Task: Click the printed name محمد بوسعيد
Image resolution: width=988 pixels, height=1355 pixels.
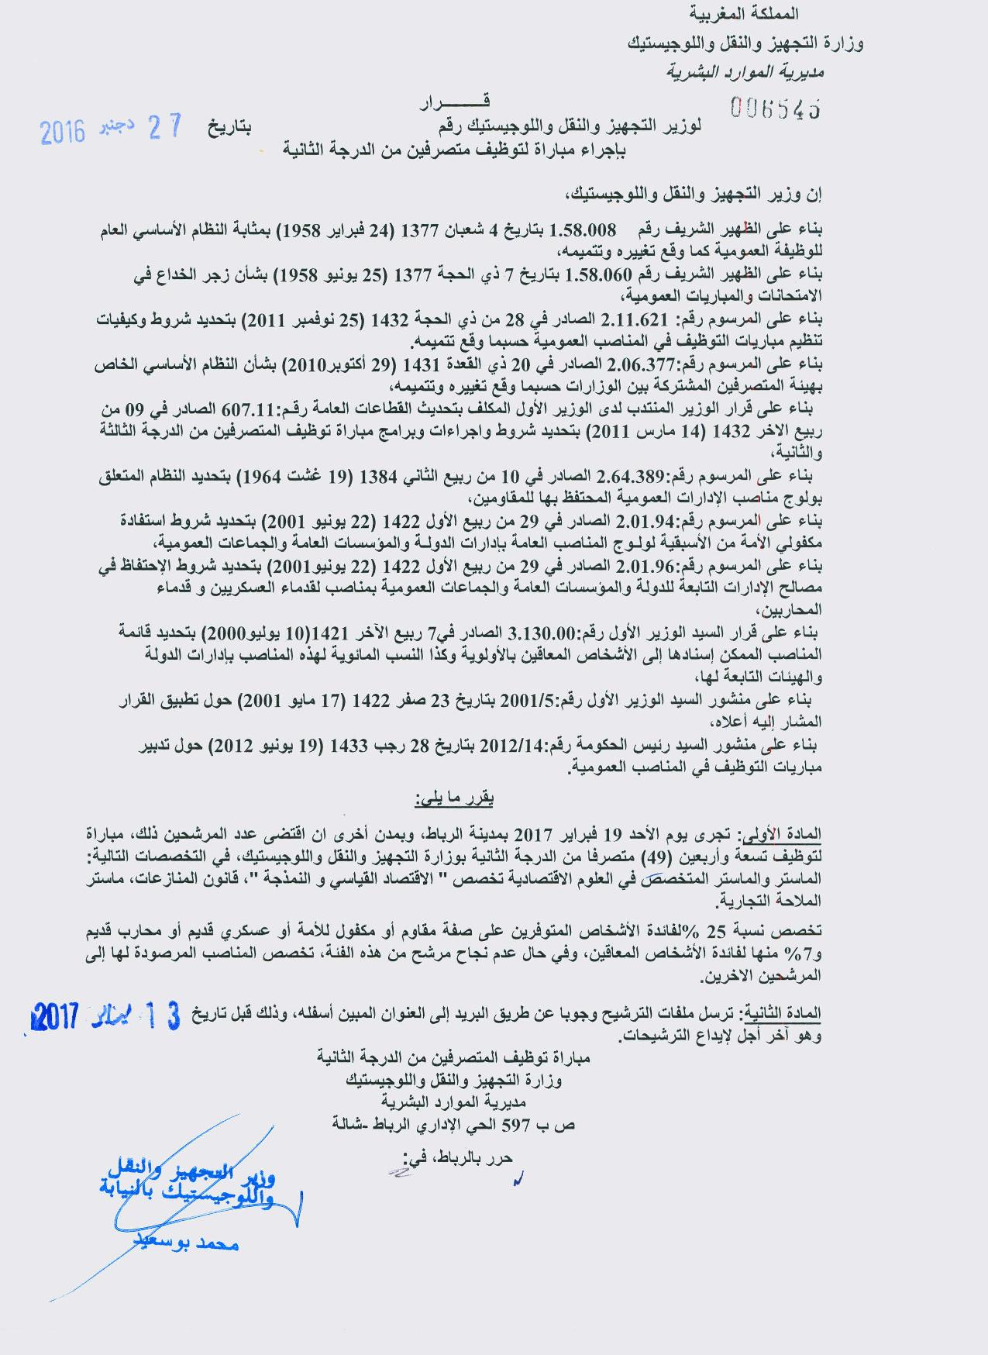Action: click(x=197, y=1243)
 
